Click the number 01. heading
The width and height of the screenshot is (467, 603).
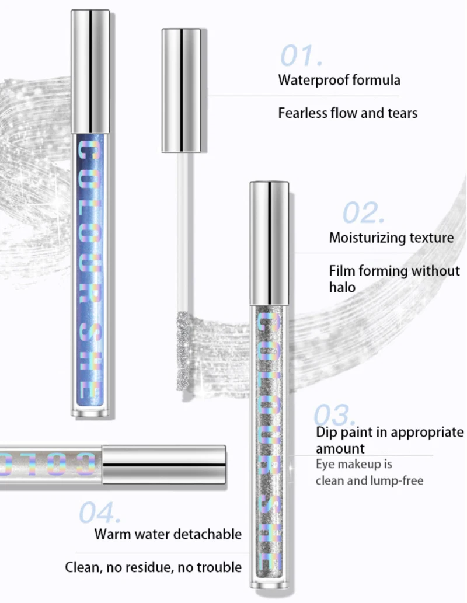point(301,55)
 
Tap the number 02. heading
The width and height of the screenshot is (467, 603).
point(363,214)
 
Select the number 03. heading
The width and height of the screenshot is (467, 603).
point(334,415)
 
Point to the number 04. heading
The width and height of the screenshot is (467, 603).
point(100,513)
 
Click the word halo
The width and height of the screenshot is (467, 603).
point(342,287)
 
